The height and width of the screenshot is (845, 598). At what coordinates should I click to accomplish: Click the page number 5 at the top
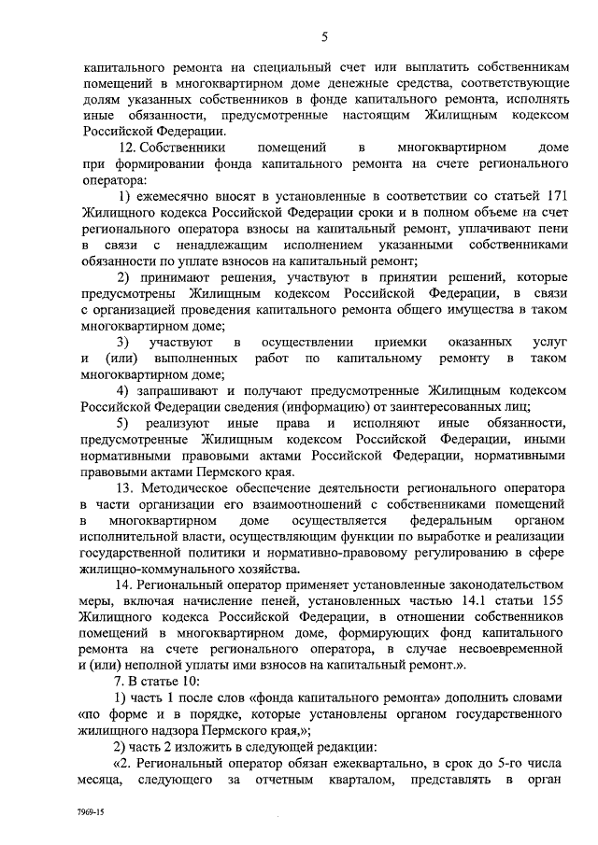click(x=324, y=36)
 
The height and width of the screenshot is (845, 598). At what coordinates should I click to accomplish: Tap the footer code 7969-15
click(x=92, y=813)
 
